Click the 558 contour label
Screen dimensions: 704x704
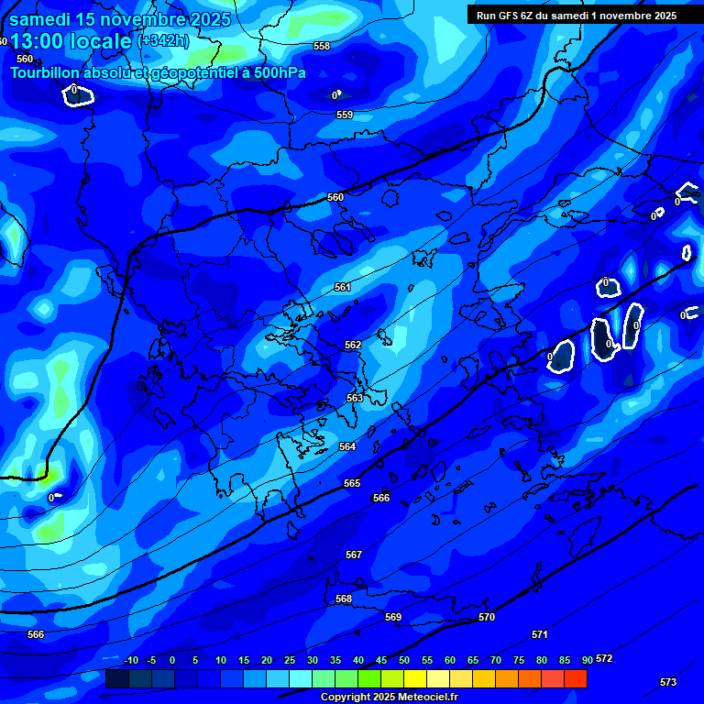(x=322, y=46)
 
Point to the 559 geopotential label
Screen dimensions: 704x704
(x=345, y=115)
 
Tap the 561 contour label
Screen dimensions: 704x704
(x=343, y=287)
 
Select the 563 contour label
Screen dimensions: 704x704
(x=355, y=398)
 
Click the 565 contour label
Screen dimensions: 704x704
(x=352, y=483)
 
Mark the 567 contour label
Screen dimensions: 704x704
(x=354, y=555)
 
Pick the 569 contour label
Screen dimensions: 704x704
(x=393, y=617)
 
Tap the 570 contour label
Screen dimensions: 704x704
(x=487, y=617)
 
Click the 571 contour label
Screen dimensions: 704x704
(x=540, y=634)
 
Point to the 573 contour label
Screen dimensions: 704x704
(x=668, y=682)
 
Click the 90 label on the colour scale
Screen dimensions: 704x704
(x=588, y=660)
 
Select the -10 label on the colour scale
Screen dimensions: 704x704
(x=130, y=660)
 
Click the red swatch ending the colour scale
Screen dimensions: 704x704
(x=576, y=678)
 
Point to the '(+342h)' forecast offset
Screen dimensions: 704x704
(x=163, y=41)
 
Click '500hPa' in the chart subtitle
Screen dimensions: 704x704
(x=279, y=72)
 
